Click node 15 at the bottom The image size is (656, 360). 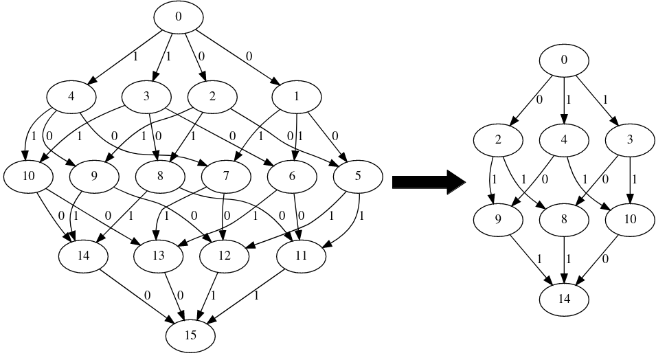(190, 335)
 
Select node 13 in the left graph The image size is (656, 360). (159, 256)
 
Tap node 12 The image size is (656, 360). (225, 256)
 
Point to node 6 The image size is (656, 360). (293, 177)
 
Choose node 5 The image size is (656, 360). (357, 177)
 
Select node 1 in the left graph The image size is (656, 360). (296, 97)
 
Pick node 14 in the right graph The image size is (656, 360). (564, 299)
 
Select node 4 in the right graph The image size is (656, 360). (564, 140)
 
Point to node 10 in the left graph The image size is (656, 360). (28, 177)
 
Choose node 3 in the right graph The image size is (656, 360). (630, 140)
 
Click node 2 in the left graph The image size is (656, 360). (212, 97)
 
